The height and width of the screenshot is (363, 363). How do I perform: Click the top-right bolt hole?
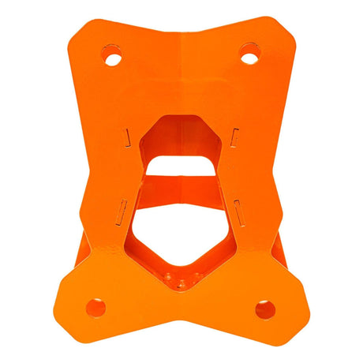tap(249, 54)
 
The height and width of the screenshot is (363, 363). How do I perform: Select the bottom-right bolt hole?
tap(264, 309)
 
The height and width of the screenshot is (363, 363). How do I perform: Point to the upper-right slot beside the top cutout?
tap(235, 137)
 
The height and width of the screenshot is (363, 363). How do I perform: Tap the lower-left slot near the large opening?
tap(122, 208)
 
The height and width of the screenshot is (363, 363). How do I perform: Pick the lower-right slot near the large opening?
tap(239, 210)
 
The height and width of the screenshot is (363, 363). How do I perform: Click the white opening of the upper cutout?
tap(181, 165)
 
